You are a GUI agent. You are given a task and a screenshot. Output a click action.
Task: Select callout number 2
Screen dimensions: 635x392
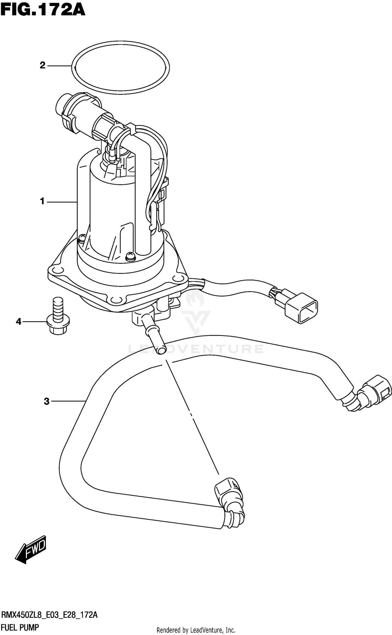(43, 65)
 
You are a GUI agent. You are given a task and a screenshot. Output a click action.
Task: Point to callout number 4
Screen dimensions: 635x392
(19, 321)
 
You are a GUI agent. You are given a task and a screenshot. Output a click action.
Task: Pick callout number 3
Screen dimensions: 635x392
(47, 401)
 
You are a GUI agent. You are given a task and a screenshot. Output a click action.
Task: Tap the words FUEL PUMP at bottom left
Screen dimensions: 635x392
(20, 627)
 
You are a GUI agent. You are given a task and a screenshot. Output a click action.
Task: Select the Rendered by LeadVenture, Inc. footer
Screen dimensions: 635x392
(196, 630)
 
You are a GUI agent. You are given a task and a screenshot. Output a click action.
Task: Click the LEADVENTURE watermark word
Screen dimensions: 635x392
(196, 349)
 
